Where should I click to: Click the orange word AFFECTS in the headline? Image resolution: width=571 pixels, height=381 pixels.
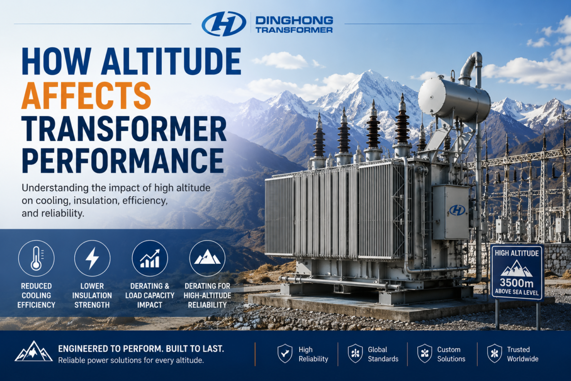click(x=87, y=95)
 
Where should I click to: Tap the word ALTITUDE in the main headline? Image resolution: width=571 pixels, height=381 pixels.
click(x=171, y=61)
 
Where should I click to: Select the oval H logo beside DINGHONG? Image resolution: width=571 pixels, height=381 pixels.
click(x=224, y=23)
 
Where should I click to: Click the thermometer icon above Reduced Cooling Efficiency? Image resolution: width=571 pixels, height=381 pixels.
click(x=36, y=258)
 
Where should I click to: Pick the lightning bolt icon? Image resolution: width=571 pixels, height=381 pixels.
click(x=92, y=258)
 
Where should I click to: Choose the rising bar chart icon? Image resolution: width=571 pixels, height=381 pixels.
click(x=150, y=258)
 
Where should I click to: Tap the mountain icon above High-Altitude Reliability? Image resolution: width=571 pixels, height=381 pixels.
click(x=207, y=257)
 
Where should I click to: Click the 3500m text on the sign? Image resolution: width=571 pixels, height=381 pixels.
click(x=516, y=283)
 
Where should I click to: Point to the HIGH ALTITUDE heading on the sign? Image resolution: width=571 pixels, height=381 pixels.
click(x=516, y=253)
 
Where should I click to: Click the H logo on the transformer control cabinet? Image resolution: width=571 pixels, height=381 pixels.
click(x=457, y=210)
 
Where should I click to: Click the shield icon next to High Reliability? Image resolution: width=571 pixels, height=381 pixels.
click(x=285, y=353)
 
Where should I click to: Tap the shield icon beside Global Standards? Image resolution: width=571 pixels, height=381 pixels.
click(x=355, y=353)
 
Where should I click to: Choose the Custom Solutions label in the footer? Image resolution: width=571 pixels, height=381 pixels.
click(x=451, y=354)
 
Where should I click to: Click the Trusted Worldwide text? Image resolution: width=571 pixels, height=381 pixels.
click(x=522, y=354)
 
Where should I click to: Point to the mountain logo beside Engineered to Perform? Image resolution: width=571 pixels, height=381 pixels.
click(x=33, y=351)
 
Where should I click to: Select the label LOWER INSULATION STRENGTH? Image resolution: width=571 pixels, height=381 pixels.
click(x=92, y=295)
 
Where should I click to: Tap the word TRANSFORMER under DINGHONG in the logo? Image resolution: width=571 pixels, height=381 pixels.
click(x=294, y=30)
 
